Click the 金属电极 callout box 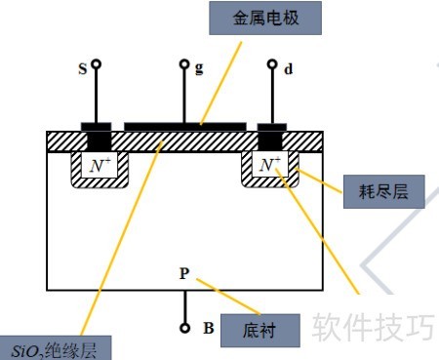(265, 18)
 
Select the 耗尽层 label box (384, 191)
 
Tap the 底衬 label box (260, 331)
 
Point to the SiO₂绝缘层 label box (56, 348)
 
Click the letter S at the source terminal (83, 69)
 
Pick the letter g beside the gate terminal (199, 68)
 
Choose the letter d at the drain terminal (288, 69)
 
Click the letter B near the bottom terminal (209, 328)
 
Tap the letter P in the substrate (184, 273)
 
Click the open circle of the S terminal (96, 64)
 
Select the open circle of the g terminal (184, 64)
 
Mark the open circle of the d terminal (272, 64)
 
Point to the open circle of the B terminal (184, 329)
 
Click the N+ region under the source (100, 165)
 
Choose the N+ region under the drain (270, 164)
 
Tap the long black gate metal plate (185, 127)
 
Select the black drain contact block (272, 137)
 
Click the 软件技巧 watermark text (374, 327)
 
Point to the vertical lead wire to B (185, 307)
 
